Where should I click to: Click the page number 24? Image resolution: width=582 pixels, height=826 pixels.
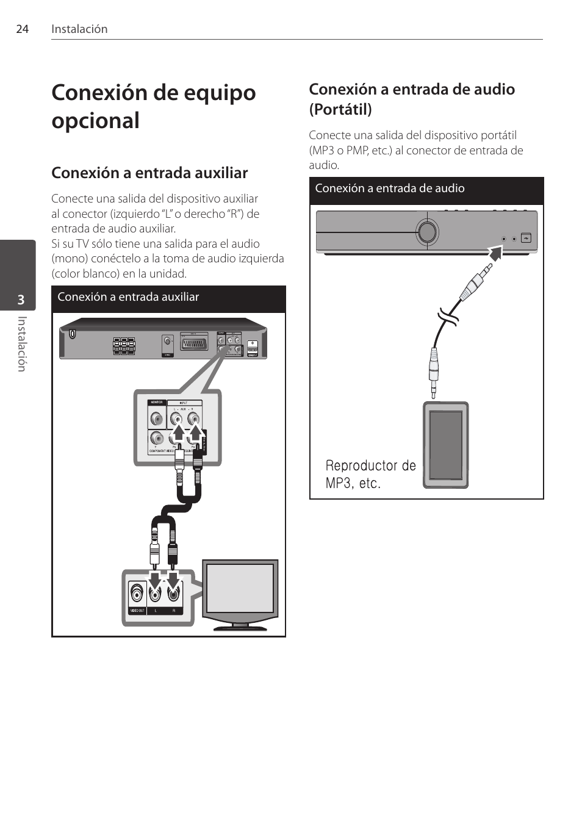tap(22, 29)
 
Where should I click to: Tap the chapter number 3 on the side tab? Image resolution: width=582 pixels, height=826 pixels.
tap(21, 300)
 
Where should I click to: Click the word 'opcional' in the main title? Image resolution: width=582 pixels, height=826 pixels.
tap(96, 121)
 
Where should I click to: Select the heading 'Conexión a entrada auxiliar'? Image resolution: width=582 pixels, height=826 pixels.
tap(149, 173)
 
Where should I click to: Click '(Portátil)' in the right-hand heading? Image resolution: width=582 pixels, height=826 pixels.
tap(340, 110)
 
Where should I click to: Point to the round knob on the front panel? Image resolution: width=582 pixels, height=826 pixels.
tap(427, 232)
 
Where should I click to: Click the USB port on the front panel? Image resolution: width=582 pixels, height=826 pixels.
tap(526, 238)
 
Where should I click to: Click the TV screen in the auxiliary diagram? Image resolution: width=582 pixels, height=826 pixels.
tap(240, 588)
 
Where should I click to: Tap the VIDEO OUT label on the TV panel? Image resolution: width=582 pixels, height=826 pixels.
tap(137, 611)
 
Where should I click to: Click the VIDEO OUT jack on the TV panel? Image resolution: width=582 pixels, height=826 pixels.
tap(137, 592)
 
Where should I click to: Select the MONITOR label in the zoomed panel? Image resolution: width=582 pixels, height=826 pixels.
tap(157, 403)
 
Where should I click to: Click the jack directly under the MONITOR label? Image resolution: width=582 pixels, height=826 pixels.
tap(157, 419)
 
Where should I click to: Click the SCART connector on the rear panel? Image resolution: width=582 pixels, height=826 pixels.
tap(193, 342)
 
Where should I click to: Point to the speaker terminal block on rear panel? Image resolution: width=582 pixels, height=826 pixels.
tap(124, 346)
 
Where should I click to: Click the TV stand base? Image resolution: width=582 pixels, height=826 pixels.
tap(241, 627)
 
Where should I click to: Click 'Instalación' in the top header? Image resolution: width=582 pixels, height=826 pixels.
tap(79, 29)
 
